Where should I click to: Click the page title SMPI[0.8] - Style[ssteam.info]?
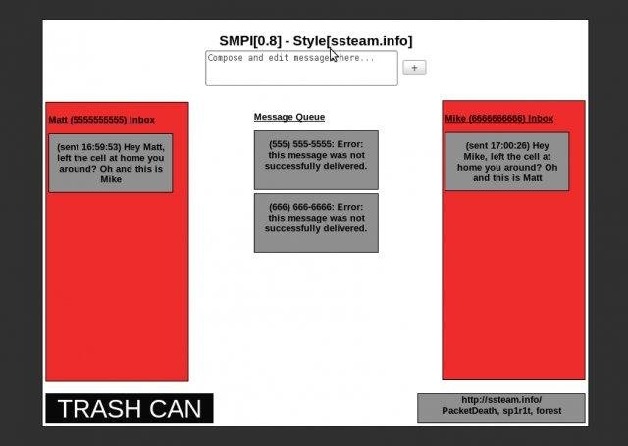click(315, 41)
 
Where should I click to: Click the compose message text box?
click(301, 69)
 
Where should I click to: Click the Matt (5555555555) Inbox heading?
click(102, 120)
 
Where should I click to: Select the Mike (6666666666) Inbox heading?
click(498, 119)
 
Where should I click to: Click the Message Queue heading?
click(289, 117)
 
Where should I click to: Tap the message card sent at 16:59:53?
click(110, 163)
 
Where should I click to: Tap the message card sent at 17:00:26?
click(506, 162)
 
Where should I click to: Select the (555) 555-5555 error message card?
click(316, 160)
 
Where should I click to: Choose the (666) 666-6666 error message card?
click(316, 223)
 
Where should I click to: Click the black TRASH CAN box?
click(129, 409)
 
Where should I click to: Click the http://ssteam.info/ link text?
click(500, 400)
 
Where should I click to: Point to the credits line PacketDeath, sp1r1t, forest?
click(500, 411)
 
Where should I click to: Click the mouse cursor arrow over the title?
click(334, 54)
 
